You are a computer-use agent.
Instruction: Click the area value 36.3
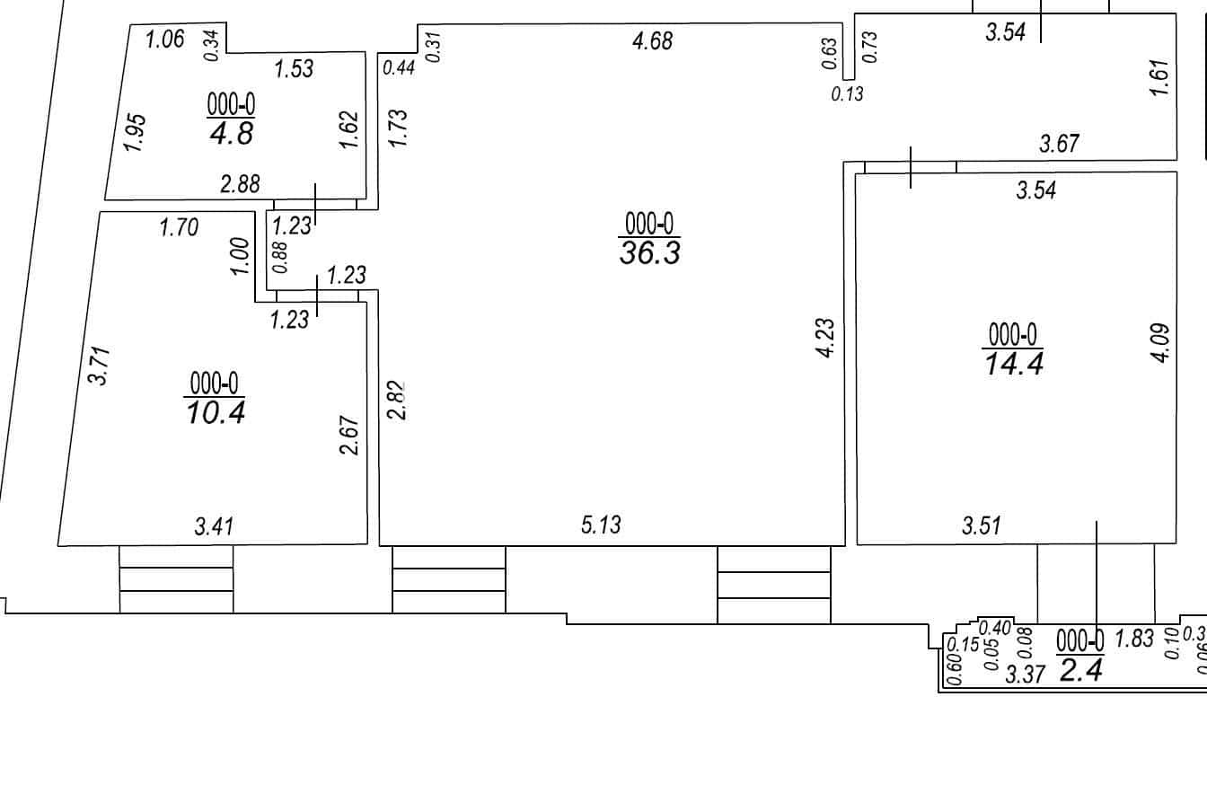click(x=650, y=252)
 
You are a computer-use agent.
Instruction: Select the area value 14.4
click(x=1014, y=364)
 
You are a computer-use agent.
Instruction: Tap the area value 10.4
click(x=216, y=412)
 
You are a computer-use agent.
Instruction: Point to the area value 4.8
click(x=231, y=133)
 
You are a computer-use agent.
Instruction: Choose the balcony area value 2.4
click(x=1081, y=670)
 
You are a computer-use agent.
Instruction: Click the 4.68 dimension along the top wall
click(x=653, y=41)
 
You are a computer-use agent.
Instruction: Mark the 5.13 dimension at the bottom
click(x=601, y=525)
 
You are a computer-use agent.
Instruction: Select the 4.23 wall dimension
click(x=825, y=339)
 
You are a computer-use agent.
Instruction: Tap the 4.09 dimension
click(x=1160, y=343)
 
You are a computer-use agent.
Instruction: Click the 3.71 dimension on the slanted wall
click(x=101, y=366)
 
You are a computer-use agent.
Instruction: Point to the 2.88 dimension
click(x=241, y=184)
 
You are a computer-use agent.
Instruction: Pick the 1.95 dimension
click(x=135, y=133)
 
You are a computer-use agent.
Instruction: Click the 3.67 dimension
click(x=1060, y=144)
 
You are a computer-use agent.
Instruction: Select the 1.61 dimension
click(x=1159, y=77)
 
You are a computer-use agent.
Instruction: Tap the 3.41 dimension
click(x=215, y=526)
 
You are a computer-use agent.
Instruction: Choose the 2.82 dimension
click(x=397, y=401)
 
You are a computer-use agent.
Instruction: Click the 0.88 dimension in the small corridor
click(x=280, y=258)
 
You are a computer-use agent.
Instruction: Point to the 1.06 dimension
click(x=165, y=40)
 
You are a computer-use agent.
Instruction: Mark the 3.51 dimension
click(x=982, y=525)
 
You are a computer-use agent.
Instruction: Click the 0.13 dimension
click(x=848, y=94)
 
